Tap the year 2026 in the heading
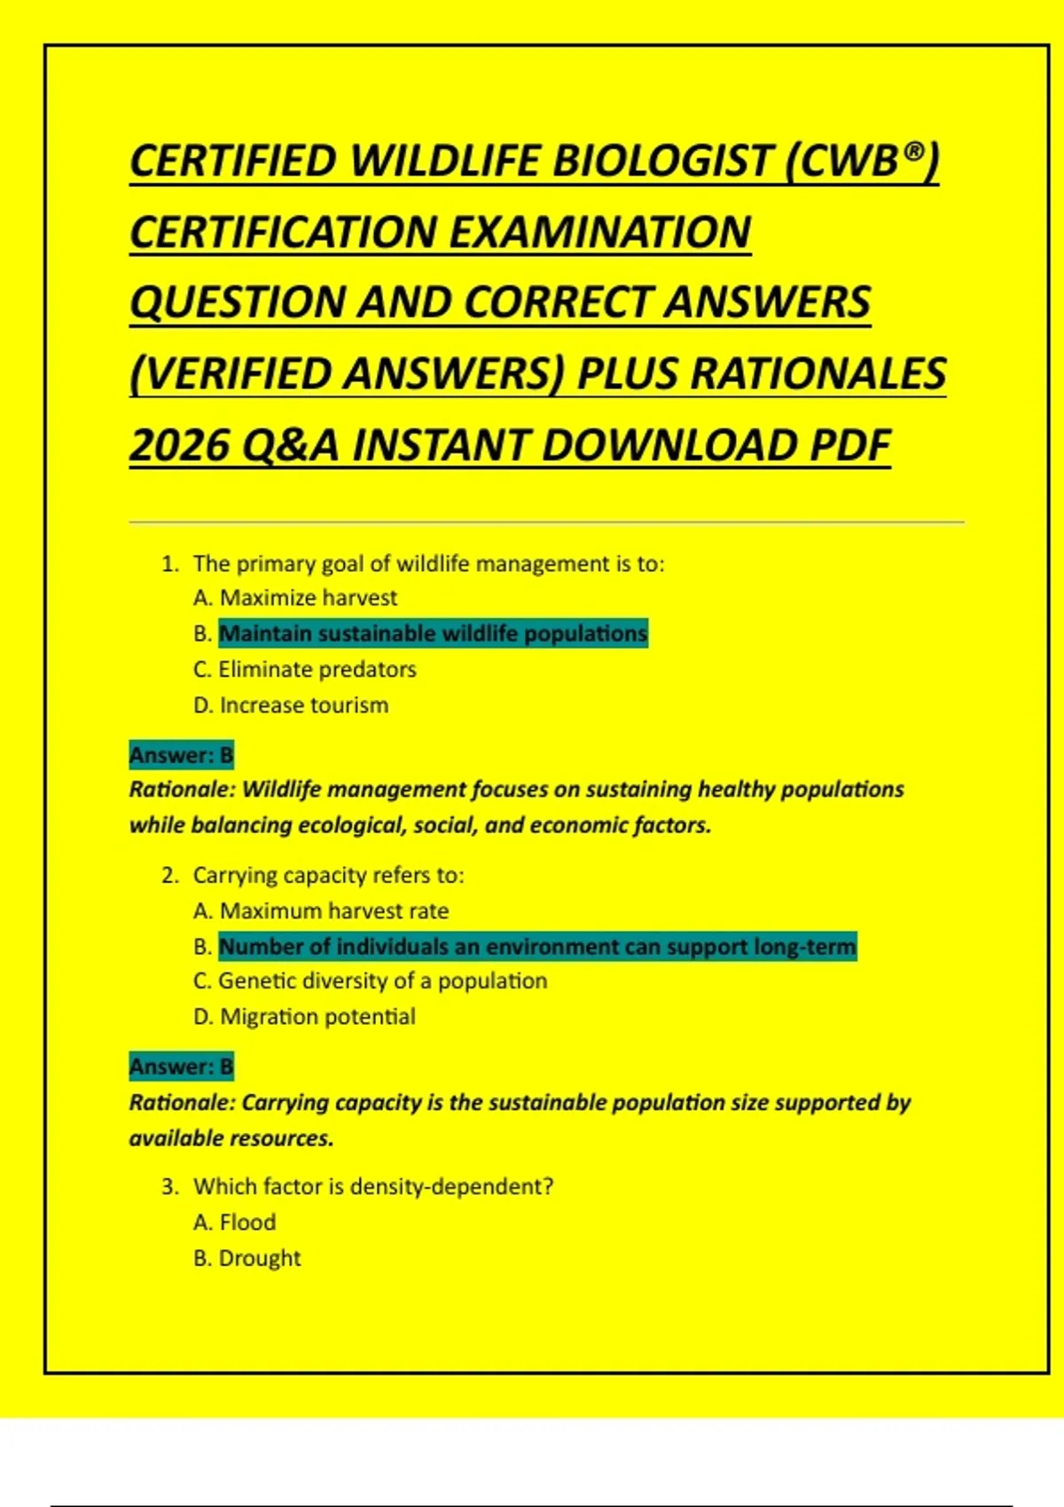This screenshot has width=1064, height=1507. tap(179, 445)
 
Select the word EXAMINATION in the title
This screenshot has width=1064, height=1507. tap(600, 232)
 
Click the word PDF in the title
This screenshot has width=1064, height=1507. tap(849, 445)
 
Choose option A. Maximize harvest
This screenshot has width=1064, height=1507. tap(295, 597)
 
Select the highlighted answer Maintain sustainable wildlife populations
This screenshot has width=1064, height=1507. tap(433, 634)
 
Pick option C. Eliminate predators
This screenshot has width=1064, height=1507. tap(305, 669)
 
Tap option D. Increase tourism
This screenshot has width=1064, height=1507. tap(291, 706)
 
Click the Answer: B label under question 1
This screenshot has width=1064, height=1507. tap(181, 755)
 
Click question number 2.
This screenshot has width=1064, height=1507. tap(170, 876)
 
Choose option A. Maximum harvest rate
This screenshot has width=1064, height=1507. tap(321, 910)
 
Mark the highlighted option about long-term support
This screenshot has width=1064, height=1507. tap(537, 947)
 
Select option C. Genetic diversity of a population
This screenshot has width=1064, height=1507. tap(371, 981)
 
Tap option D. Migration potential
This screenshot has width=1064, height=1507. tap(304, 1017)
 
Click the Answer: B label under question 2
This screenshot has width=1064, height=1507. tap(181, 1066)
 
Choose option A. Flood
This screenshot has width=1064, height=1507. tap(235, 1222)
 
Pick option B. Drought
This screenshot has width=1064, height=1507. tap(247, 1259)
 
